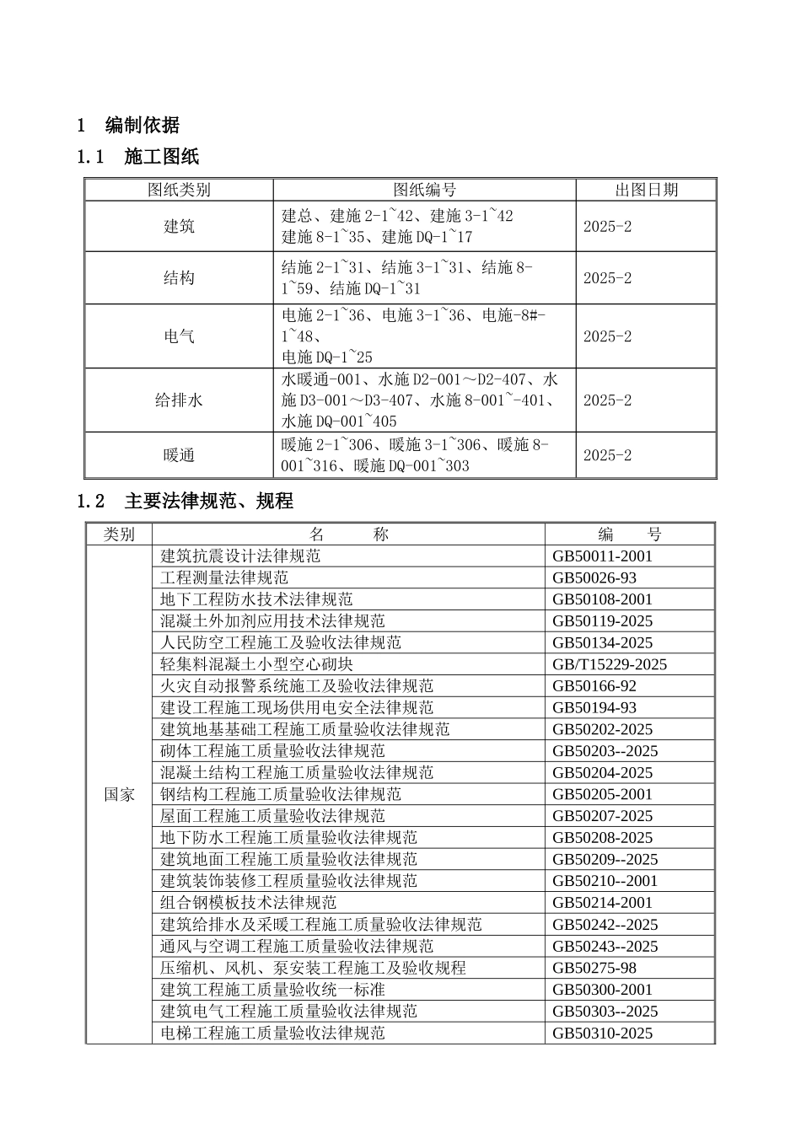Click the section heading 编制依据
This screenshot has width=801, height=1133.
(142, 126)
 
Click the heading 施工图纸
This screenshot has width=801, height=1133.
(161, 157)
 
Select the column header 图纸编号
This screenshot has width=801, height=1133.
(424, 190)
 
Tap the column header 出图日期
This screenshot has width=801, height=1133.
(646, 190)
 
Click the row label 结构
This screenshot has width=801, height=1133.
(179, 278)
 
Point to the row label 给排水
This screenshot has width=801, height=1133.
(179, 400)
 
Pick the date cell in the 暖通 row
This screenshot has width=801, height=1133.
(607, 455)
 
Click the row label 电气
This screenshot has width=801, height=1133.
(179, 336)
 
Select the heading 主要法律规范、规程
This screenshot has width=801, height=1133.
(208, 502)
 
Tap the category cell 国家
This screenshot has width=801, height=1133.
(119, 794)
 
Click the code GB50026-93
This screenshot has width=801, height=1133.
(594, 578)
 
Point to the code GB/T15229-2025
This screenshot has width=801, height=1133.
(609, 664)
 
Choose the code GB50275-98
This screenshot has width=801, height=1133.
(594, 968)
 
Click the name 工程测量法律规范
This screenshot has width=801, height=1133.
(224, 578)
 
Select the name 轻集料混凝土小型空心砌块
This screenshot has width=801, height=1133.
(256, 664)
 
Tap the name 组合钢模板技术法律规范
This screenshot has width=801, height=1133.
(248, 903)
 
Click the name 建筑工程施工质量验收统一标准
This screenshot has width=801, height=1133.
(272, 990)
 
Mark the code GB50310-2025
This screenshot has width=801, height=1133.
(602, 1034)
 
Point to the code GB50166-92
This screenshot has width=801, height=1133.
(594, 686)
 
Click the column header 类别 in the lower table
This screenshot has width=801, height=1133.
(119, 534)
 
